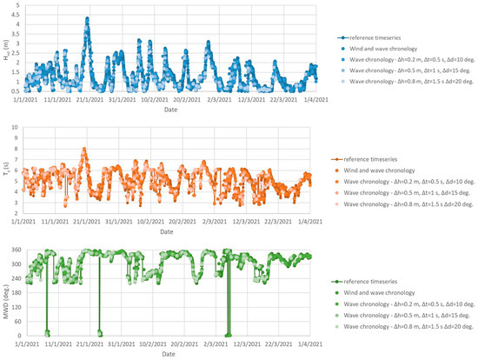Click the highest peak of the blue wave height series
[x=86, y=18]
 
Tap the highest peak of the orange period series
[x=84, y=149]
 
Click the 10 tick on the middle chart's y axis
[x=17, y=128]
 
